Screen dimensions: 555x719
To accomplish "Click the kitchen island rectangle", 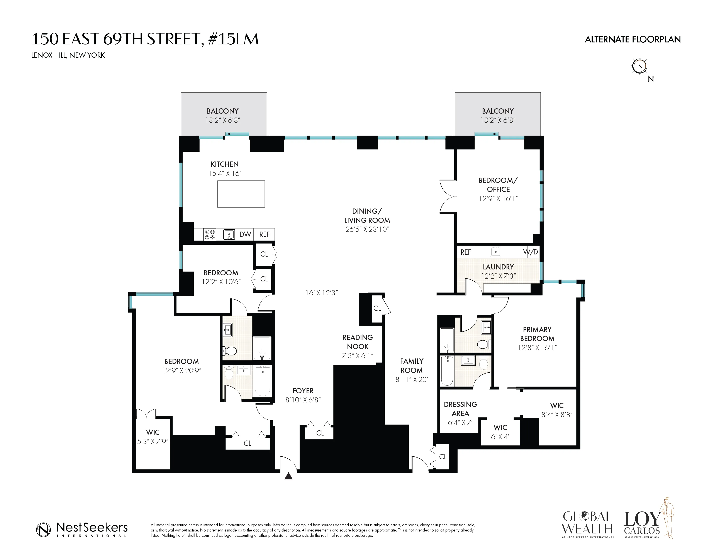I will point(241,194).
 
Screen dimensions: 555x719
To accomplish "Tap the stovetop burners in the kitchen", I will point(210,234).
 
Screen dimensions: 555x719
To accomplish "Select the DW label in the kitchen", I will point(245,234).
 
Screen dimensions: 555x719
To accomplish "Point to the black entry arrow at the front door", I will point(288,476).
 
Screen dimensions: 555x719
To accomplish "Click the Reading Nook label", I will point(358,342).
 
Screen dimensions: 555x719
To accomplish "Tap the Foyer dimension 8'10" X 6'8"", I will point(303,400).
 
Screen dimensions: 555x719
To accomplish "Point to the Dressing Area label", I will point(460,409).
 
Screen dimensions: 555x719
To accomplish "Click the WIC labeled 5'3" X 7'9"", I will point(153,437).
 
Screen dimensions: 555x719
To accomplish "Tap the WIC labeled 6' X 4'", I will point(500,432).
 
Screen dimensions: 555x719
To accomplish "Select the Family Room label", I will point(412,366).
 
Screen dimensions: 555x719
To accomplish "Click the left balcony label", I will point(222,111).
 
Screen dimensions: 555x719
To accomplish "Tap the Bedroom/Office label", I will point(498,185).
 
